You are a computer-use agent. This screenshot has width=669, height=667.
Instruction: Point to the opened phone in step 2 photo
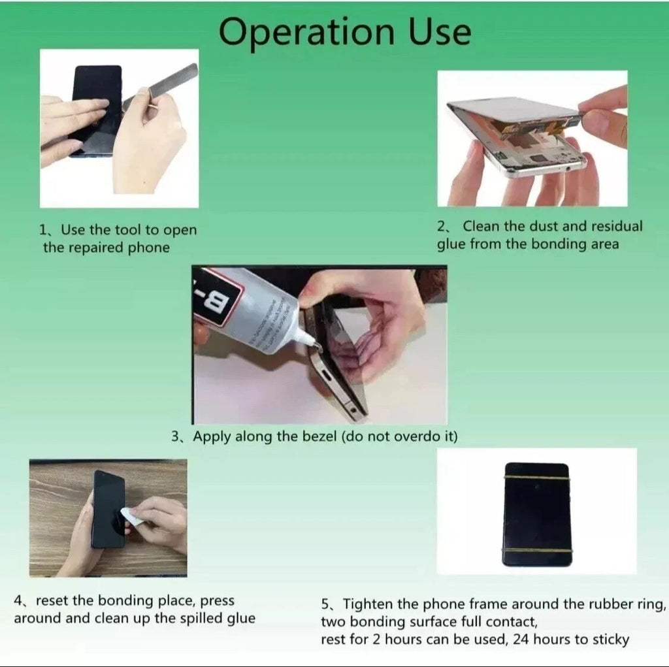pos(516,134)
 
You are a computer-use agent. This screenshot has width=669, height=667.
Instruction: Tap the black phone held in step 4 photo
pos(108,510)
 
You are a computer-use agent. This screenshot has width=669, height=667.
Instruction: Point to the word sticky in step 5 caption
pos(611,640)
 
